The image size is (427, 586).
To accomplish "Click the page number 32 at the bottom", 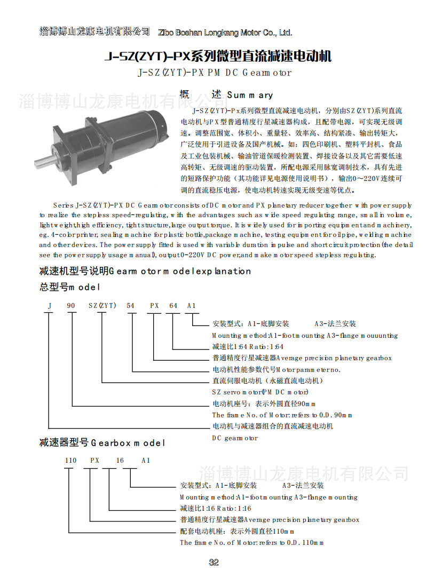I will point(214,563).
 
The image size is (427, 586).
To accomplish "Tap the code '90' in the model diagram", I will point(71,306).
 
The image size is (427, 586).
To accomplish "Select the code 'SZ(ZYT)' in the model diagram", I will point(102,306).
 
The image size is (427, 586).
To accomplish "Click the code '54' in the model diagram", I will point(131,306).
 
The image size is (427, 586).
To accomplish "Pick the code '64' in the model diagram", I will point(173,306).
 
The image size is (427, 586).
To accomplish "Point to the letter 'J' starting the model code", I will point(50,306).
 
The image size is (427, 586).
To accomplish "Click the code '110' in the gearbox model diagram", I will point(70,460).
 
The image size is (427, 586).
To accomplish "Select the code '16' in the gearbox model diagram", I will point(120,460).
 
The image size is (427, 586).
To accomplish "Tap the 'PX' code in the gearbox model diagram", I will point(94,460).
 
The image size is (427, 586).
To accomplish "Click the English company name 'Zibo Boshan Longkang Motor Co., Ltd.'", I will point(225,33).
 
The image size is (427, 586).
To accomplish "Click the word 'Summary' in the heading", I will point(250,96).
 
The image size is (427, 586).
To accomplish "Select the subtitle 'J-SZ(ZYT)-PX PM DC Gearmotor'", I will point(215,73).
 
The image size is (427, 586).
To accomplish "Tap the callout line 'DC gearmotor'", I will point(235,438).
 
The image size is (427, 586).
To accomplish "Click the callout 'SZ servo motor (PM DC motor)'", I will point(260,392).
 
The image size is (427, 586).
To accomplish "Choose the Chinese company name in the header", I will point(95,31).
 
